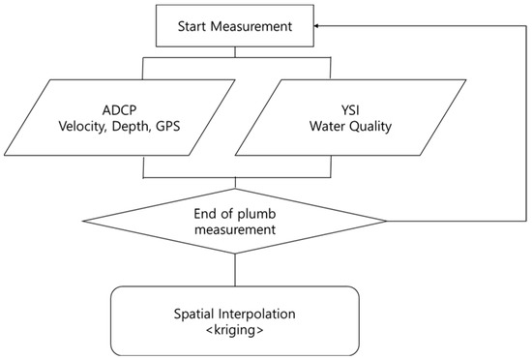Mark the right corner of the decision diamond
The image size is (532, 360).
(388, 222)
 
